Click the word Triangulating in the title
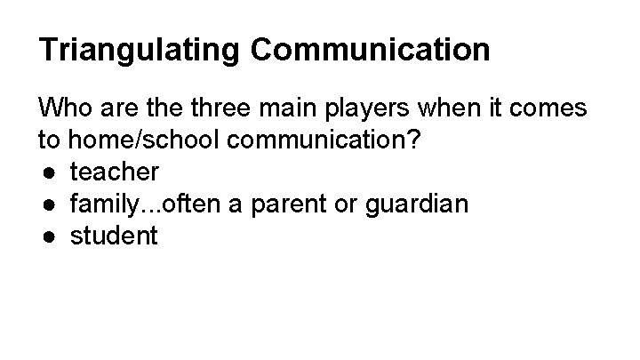(x=139, y=50)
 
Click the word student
(x=113, y=236)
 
